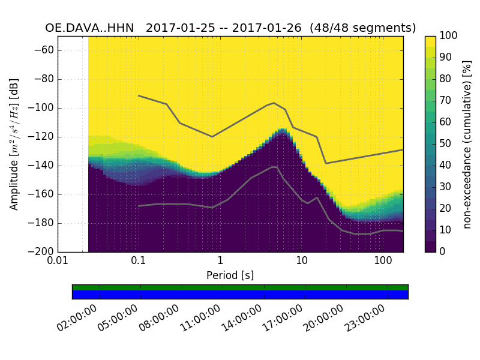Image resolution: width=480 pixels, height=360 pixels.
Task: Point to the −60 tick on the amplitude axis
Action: (46, 50)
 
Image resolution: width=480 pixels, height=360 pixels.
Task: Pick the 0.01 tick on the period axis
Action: (58, 261)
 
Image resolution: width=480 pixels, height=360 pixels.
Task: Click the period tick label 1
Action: (220, 261)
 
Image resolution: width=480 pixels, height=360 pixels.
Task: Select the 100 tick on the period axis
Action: (383, 261)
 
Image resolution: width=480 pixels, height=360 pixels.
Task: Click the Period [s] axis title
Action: (230, 275)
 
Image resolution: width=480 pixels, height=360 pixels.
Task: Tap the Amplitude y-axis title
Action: (14, 144)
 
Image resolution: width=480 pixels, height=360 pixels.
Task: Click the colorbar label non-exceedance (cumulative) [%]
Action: (468, 144)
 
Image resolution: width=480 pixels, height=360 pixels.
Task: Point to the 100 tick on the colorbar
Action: (449, 36)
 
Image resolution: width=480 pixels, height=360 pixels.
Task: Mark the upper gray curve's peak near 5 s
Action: (274, 103)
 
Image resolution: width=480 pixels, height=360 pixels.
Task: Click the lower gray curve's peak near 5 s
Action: (274, 167)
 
